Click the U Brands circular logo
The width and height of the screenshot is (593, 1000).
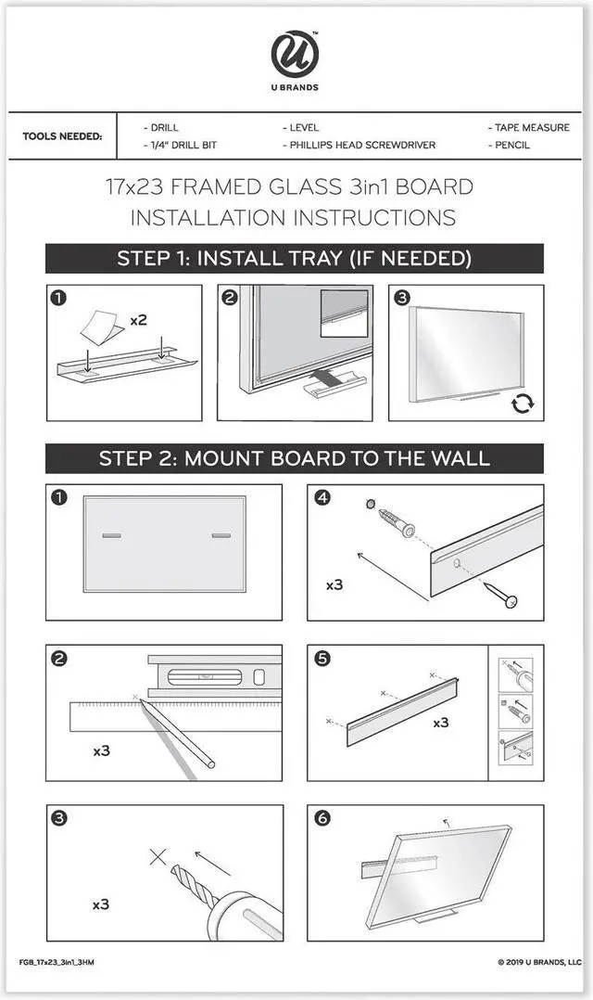click(x=295, y=55)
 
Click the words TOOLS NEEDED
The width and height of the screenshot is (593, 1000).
click(x=62, y=136)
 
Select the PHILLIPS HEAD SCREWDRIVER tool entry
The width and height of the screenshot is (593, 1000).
click(x=360, y=145)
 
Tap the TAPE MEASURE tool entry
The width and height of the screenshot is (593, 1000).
click(x=529, y=128)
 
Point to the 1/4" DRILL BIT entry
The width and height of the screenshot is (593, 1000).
click(x=181, y=145)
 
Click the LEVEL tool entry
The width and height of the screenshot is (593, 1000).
click(x=300, y=128)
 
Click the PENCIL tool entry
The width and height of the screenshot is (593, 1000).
click(x=509, y=145)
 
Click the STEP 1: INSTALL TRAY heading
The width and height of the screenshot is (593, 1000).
click(x=295, y=258)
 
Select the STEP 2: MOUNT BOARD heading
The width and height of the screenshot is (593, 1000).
click(x=295, y=458)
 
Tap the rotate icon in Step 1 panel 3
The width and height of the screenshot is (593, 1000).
click(x=523, y=403)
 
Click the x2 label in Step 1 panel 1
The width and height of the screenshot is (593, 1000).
click(x=138, y=319)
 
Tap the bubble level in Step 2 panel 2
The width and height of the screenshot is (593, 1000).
click(x=215, y=676)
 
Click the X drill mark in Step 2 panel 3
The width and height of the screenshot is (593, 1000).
click(x=158, y=856)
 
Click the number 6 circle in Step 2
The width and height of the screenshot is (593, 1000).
click(x=322, y=817)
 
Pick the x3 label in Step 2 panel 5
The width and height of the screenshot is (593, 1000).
click(x=441, y=723)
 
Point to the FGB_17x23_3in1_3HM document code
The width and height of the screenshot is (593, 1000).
click(x=57, y=962)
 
